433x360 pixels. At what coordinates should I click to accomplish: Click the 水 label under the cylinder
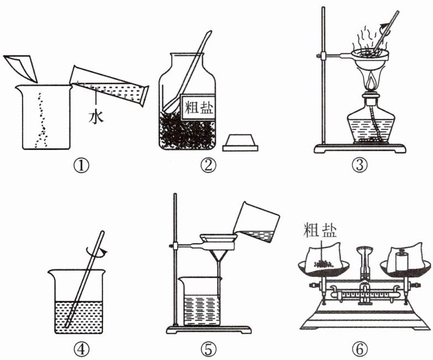pyautogui.click(x=97, y=118)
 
